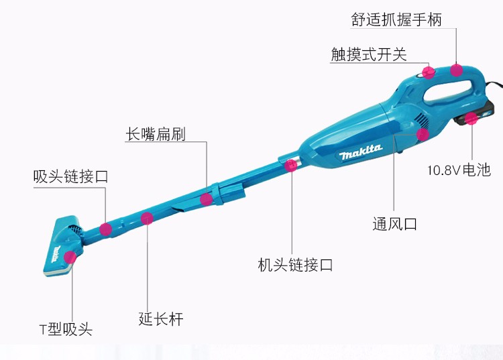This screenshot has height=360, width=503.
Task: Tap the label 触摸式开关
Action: pos(369,54)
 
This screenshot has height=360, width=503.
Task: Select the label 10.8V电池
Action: pos(459,170)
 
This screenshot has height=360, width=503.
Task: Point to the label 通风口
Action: pos(394,224)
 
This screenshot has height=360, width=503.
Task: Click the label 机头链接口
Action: pos(295,265)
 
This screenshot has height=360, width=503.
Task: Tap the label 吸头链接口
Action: pos(70,177)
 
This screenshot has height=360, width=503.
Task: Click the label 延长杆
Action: pos(161,318)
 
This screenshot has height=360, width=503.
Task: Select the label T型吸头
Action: pos(65,329)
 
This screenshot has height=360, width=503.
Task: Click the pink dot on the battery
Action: pos(471,120)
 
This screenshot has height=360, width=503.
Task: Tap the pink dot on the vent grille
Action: pos(423,134)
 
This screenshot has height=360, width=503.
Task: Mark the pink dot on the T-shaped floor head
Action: pos(70,257)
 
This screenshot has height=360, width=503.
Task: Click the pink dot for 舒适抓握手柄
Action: pos(457,70)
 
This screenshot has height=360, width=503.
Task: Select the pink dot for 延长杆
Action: pos(147,218)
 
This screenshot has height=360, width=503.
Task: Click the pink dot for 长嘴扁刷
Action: pos(207,199)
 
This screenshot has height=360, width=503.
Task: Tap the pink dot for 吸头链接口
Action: pos(105,229)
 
